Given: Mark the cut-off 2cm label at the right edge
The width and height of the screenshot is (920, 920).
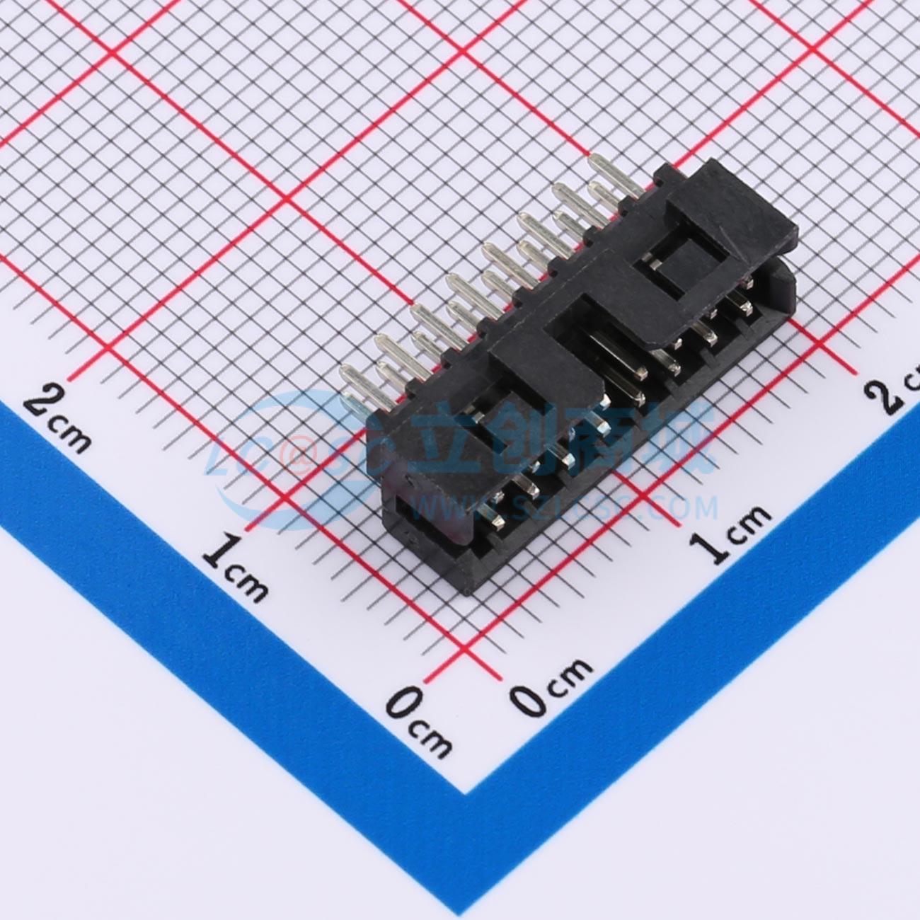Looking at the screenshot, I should pyautogui.click(x=899, y=393).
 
